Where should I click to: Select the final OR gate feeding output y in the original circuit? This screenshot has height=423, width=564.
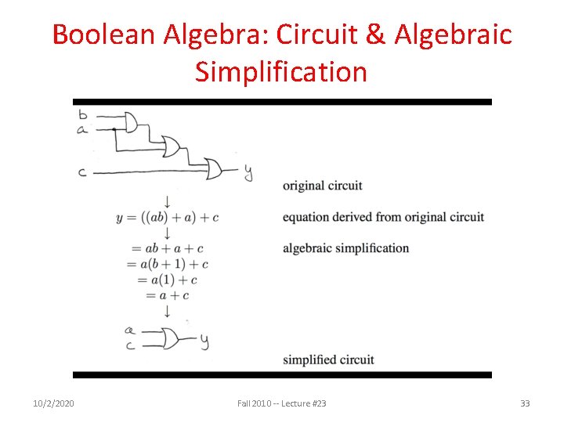[214, 168]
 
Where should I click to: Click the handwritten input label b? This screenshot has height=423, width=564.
[83, 114]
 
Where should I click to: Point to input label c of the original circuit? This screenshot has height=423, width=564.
[82, 172]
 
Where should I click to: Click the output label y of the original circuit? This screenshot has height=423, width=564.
[248, 172]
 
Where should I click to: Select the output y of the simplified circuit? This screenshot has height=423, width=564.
[204, 341]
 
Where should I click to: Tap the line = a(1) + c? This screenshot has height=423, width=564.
[167, 280]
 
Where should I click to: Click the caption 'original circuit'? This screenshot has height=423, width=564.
[322, 186]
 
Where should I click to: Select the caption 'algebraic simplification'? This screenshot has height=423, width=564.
[345, 248]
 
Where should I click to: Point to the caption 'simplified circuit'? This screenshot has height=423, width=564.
[328, 360]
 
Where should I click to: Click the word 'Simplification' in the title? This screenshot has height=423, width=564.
[281, 72]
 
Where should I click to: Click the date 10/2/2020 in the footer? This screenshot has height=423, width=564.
[53, 403]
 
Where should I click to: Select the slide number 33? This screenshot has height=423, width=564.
[525, 403]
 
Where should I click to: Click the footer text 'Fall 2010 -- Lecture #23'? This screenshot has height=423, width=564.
[282, 403]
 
